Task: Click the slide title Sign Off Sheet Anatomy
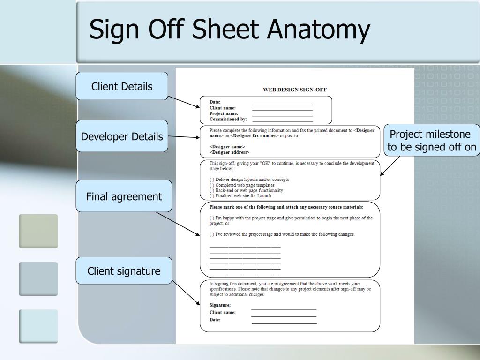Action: click(229, 30)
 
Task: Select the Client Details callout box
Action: click(122, 86)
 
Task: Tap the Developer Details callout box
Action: click(122, 136)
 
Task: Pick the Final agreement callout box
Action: click(124, 196)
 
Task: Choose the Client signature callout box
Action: click(124, 271)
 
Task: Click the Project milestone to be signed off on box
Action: click(432, 141)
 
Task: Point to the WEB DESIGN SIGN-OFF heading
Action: click(294, 90)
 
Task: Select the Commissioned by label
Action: click(228, 119)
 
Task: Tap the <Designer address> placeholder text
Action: click(229, 152)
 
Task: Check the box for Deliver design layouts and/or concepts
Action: click(212, 180)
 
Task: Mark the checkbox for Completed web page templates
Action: click(212, 185)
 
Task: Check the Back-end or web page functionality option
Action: click(212, 191)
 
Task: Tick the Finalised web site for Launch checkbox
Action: click(212, 196)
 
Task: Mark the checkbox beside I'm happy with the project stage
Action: click(212, 218)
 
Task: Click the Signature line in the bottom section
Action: click(284, 308)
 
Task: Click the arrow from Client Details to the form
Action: click(184, 102)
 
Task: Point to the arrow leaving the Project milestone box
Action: click(390, 166)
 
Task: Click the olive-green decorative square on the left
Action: click(38, 231)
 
